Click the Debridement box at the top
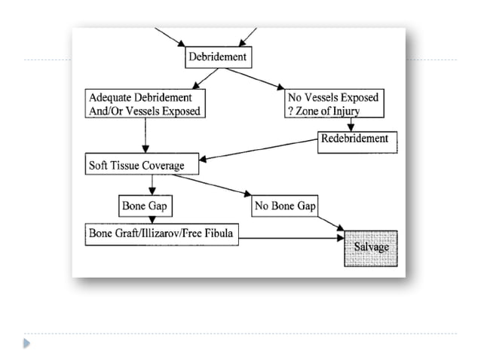(216, 57)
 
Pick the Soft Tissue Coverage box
(136, 166)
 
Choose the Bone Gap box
(143, 205)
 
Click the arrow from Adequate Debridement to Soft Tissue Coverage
(144, 136)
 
